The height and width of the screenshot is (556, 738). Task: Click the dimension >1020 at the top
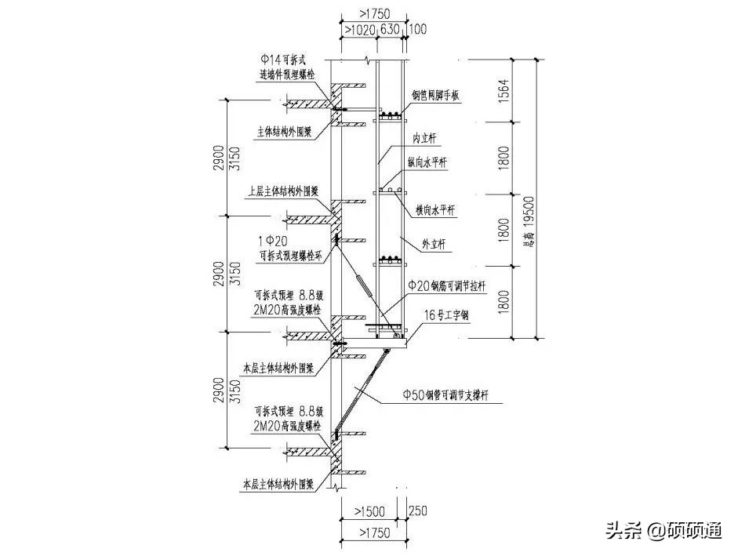[359, 31]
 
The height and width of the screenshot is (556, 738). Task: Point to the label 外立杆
[433, 245]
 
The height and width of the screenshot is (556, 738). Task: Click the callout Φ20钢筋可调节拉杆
[447, 287]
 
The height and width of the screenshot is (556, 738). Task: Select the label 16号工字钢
[445, 314]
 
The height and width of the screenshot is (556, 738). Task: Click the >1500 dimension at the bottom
[366, 511]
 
